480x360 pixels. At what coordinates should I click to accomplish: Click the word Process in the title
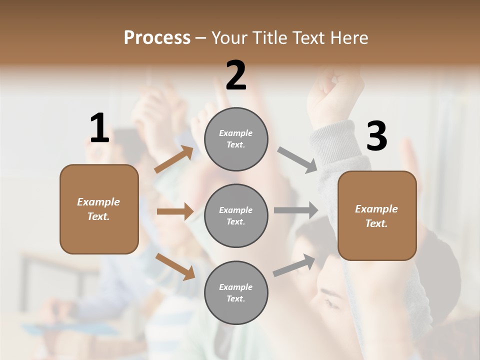click(x=157, y=38)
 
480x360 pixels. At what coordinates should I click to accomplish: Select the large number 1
click(x=99, y=128)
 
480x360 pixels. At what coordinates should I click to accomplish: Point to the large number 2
click(x=236, y=75)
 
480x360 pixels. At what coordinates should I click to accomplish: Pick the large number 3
click(x=376, y=136)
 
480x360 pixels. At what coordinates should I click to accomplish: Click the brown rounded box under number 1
click(x=99, y=209)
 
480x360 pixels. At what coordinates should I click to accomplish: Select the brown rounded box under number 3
click(x=377, y=216)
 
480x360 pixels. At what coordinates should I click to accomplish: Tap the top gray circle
click(x=236, y=139)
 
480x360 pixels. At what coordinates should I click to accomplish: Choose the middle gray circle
click(x=236, y=216)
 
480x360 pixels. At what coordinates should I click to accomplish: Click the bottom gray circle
click(x=236, y=293)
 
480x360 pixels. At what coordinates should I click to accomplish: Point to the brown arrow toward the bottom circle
click(x=175, y=266)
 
